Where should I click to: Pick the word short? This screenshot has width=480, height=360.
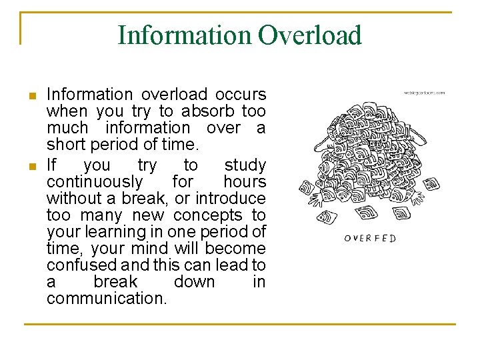pos(65,145)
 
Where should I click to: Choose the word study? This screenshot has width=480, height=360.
pos(245,165)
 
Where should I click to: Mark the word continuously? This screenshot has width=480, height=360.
pos(95,181)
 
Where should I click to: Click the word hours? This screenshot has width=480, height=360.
pos(245,181)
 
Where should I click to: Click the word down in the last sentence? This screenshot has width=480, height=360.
pos(194,282)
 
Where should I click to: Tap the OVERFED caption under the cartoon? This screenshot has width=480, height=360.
pos(370,238)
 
